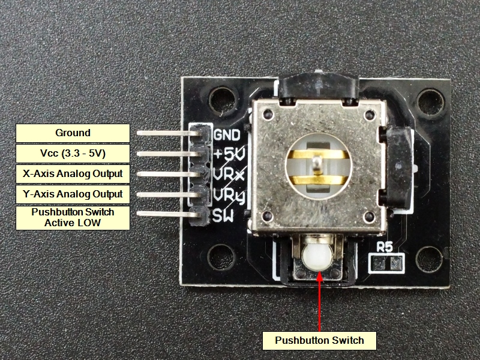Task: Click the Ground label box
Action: point(73,133)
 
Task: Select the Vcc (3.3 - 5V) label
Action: point(73,154)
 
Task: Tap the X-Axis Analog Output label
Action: point(73,174)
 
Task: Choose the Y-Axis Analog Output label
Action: point(73,194)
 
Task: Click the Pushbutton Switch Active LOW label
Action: point(73,217)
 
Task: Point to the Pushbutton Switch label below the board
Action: point(319,341)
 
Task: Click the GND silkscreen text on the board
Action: point(227,134)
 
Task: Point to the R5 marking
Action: point(385,247)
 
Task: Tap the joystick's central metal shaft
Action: point(317,165)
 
